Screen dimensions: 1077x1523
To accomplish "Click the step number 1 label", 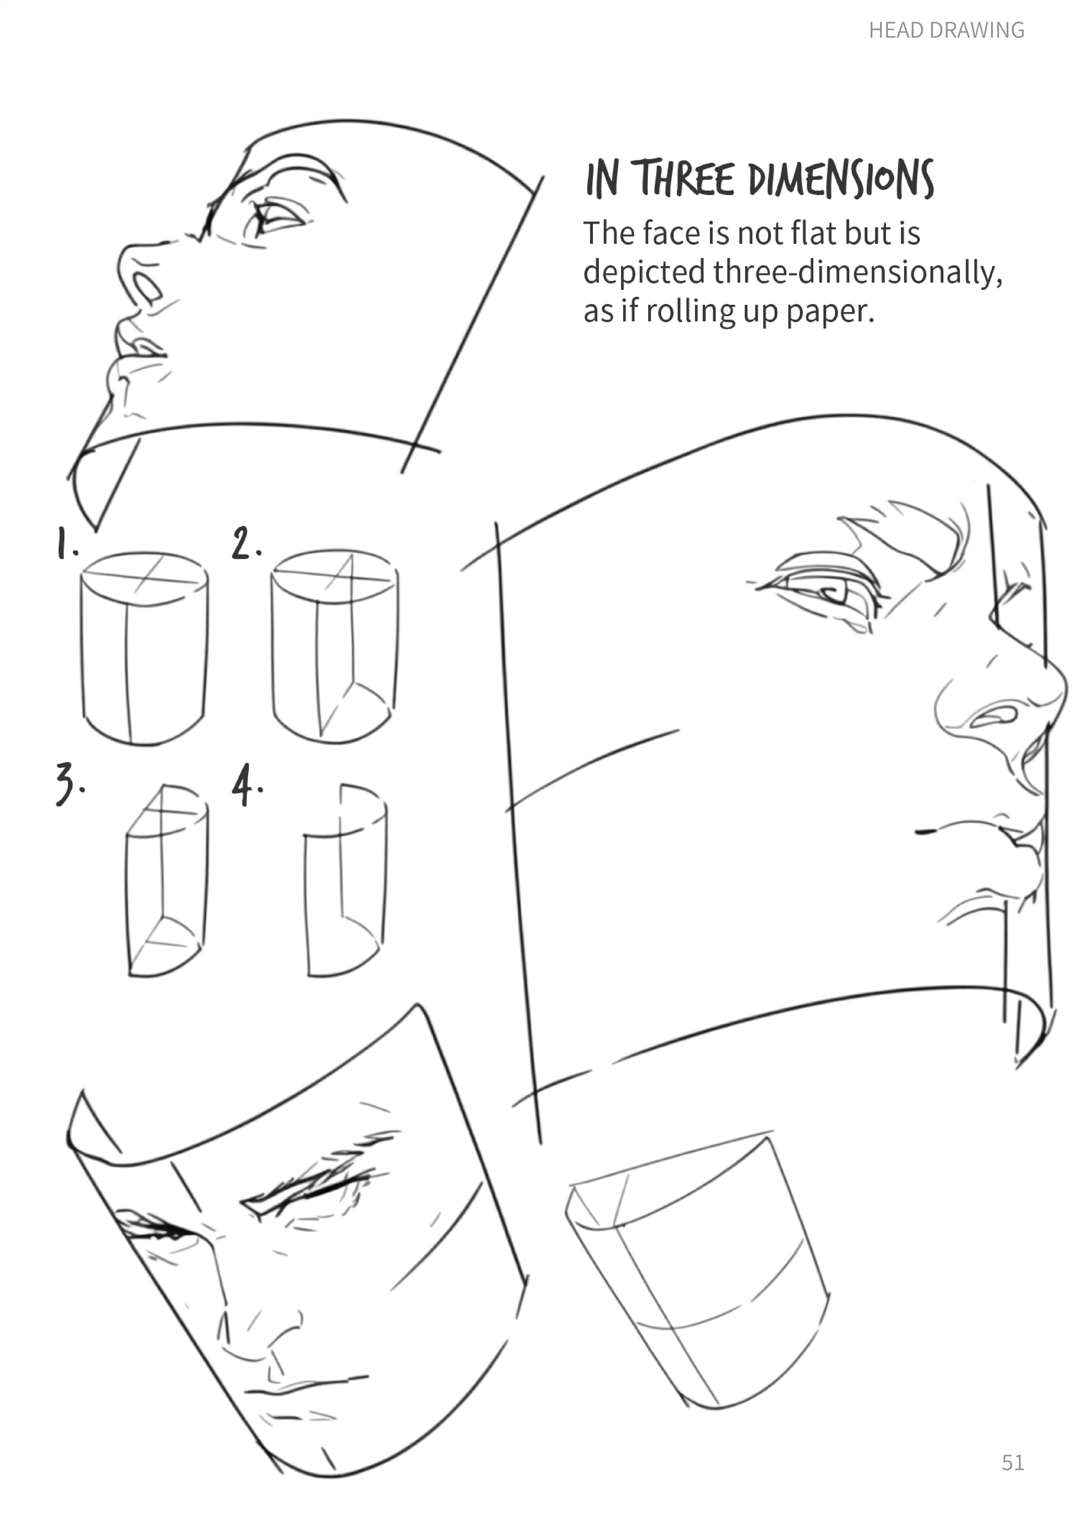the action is coord(66,543).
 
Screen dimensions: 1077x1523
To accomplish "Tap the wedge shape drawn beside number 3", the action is coord(166,880).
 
